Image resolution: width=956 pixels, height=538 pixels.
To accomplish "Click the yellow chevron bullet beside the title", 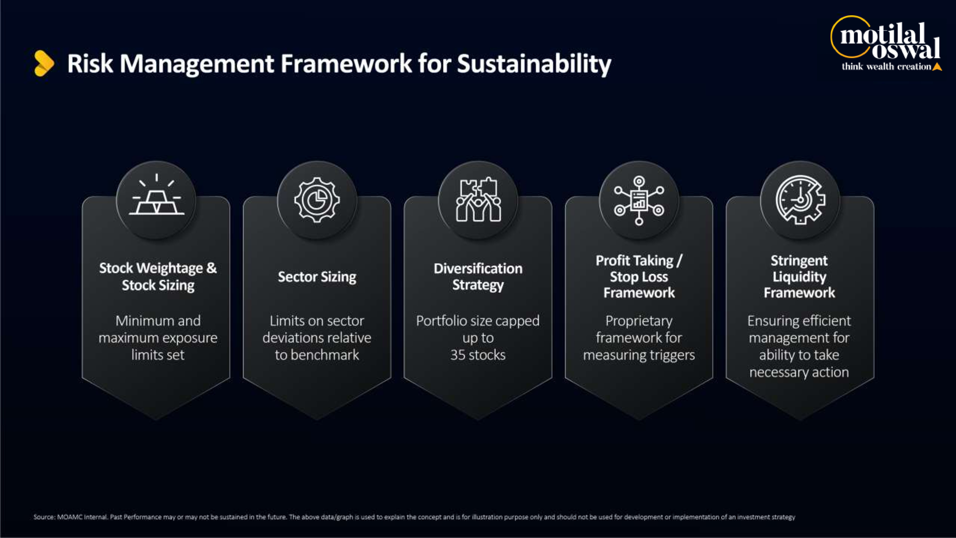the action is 44,63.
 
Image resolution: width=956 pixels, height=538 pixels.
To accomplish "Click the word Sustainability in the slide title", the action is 534,64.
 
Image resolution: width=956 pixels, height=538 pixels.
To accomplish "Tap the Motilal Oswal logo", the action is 886,43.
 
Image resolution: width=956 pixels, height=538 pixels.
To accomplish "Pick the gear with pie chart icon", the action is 317,200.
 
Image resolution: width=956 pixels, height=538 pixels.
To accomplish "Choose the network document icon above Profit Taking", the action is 639,201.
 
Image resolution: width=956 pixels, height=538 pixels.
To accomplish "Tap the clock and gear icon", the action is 800,200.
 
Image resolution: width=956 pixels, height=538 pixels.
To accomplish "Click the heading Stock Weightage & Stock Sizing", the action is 158,277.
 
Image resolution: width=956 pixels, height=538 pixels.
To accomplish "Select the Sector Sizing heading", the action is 317,277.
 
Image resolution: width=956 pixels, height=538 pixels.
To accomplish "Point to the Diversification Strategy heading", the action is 478,277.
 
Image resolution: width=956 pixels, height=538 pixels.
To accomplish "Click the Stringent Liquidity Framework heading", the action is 799,277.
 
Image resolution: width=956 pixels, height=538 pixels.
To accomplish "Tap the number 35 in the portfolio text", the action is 458,355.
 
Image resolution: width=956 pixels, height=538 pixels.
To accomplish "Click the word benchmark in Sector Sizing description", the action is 325,355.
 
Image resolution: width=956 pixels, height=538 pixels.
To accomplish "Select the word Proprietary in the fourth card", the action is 639,321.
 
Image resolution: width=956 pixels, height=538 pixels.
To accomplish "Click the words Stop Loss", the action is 639,277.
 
